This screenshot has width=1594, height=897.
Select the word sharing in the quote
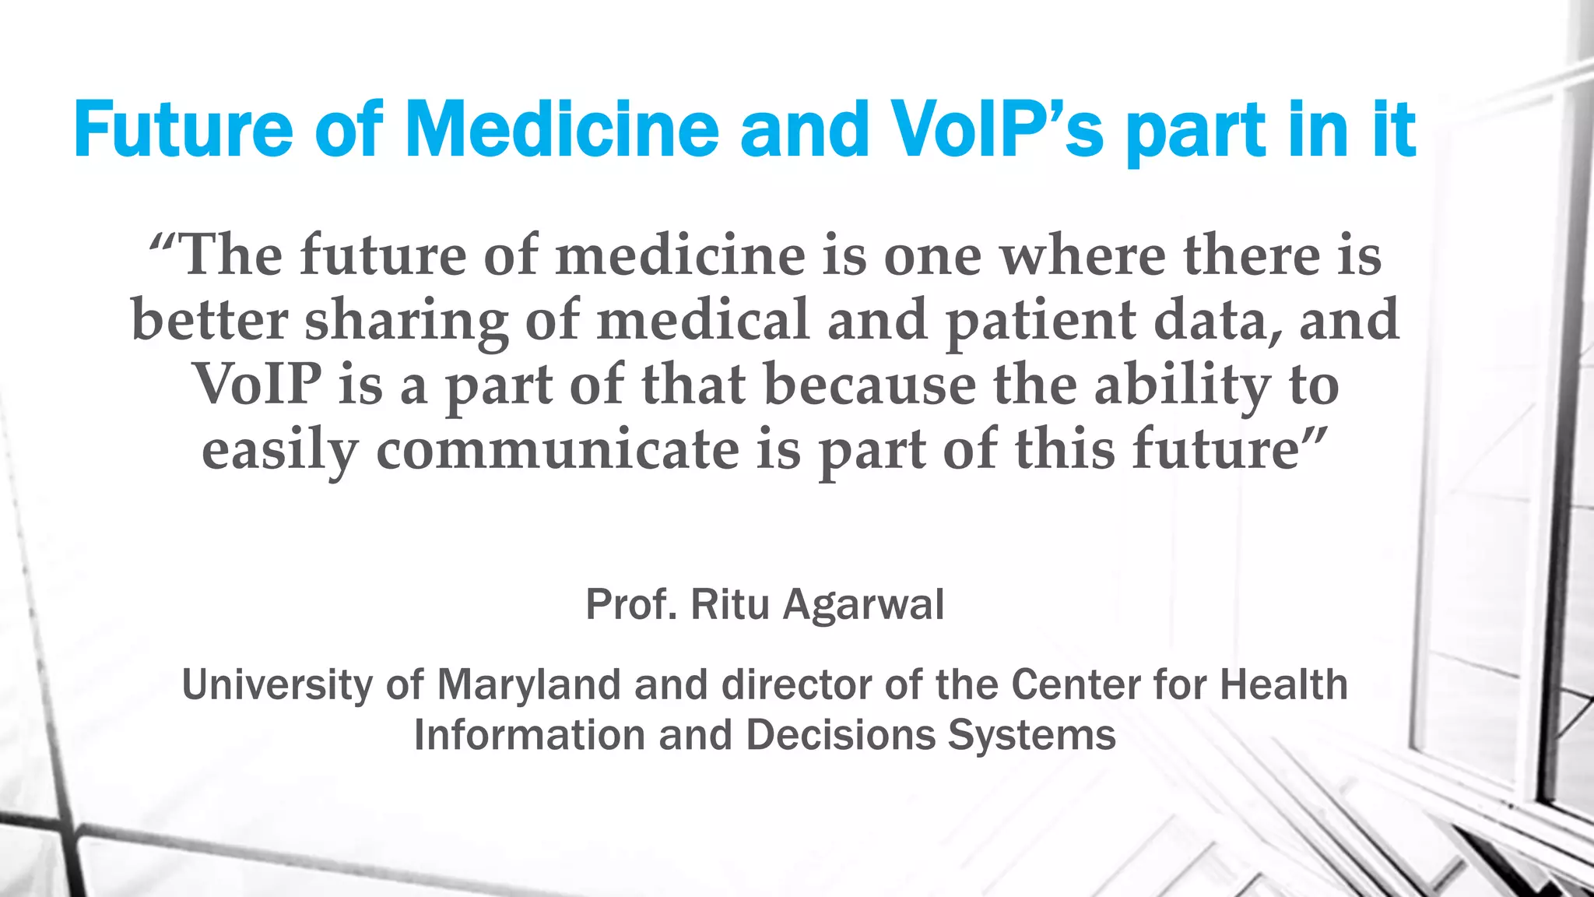pyautogui.click(x=406, y=321)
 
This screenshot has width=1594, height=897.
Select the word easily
pyautogui.click(x=280, y=452)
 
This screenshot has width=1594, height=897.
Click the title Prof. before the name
pyautogui.click(x=630, y=604)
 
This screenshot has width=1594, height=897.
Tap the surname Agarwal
pyautogui.click(x=864, y=604)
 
